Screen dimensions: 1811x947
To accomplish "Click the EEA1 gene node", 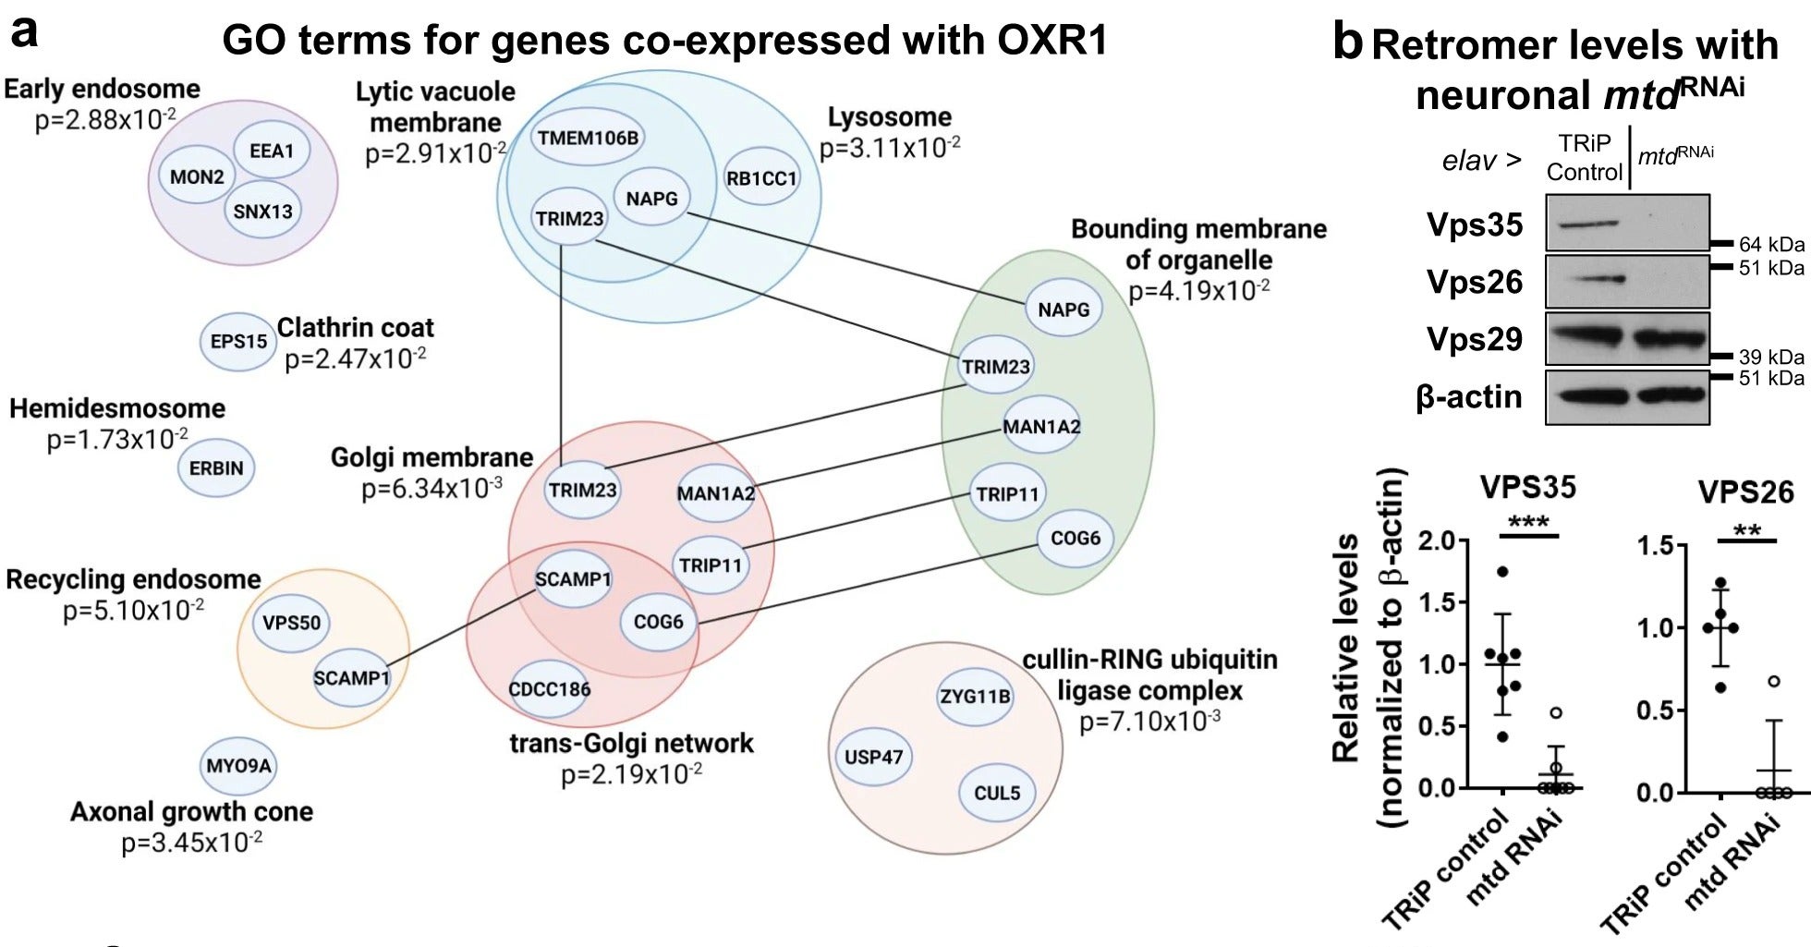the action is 272,151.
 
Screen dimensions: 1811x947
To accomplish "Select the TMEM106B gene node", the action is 589,139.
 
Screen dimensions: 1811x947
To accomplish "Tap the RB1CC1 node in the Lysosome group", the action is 761,178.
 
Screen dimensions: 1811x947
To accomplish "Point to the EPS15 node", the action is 238,341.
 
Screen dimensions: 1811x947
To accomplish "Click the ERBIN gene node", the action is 216,468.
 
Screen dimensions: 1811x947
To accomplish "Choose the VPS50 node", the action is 292,623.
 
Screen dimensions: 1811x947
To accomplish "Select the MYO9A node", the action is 238,766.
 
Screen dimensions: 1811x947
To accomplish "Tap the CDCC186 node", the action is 550,689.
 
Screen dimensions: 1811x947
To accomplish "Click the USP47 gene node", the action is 873,757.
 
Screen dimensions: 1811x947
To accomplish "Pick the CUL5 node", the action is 997,793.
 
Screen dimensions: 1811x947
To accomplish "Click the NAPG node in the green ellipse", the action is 1064,310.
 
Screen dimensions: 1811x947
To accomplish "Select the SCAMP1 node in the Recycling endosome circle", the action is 352,678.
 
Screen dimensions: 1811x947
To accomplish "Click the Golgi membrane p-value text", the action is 431,488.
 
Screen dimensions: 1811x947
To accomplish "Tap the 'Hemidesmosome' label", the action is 117,408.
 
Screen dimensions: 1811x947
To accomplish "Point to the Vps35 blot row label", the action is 1475,225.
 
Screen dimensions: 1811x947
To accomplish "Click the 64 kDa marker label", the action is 1771,245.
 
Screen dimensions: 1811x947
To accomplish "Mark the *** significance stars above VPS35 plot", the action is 1528,523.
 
